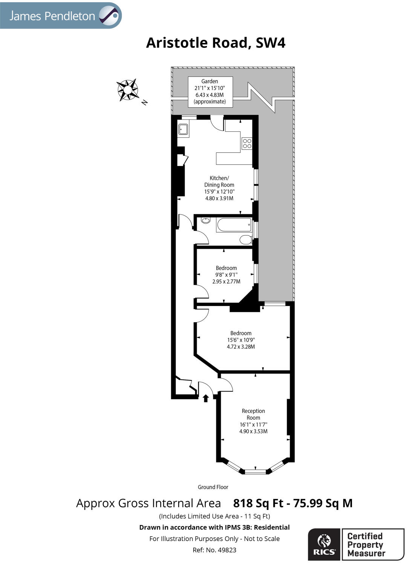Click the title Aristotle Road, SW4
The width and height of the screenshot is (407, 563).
pos(216,43)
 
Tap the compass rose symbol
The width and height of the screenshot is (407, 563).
pos(127,90)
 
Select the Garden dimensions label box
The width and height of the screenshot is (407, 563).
pos(210,91)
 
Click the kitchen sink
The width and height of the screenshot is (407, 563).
pos(184,129)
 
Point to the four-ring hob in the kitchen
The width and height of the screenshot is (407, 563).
pos(247,143)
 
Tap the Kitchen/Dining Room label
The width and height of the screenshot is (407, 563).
pos(219,188)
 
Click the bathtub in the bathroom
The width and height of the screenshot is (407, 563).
pos(234,225)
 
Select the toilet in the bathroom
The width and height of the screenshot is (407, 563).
pos(246,240)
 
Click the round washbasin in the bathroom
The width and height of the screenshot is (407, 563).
pos(206,221)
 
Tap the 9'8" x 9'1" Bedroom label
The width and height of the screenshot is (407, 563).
pos(226,275)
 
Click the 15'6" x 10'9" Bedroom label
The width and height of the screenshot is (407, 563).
pos(241,340)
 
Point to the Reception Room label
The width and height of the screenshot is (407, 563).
pos(253,421)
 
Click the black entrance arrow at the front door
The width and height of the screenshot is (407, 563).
pos(206,398)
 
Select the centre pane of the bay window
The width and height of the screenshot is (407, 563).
pos(255,470)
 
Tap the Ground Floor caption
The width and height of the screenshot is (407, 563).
pos(213,487)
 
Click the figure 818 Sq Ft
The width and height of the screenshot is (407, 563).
pos(258,503)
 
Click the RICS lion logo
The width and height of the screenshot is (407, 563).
pos(324,544)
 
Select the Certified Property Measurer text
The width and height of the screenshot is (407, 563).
pos(366,545)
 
